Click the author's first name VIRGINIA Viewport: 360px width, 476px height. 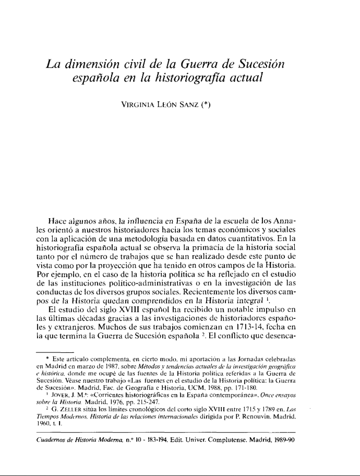pyautogui.click(x=138, y=104)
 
